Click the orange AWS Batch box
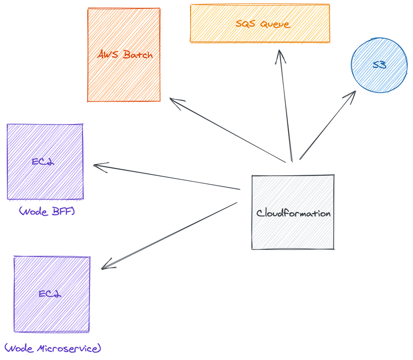pyautogui.click(x=124, y=75)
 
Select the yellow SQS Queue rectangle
pyautogui.click(x=260, y=32)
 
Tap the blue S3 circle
pyautogui.click(x=379, y=65)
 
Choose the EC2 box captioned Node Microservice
pyautogui.click(x=52, y=314)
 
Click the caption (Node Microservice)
pyautogui.click(x=52, y=347)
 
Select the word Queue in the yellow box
pyautogui.click(x=275, y=23)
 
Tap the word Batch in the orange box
pyautogui.click(x=137, y=55)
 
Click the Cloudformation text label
pyautogui.click(x=293, y=213)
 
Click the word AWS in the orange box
pyautogui.click(x=108, y=55)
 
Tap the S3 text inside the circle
pyautogui.click(x=379, y=65)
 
